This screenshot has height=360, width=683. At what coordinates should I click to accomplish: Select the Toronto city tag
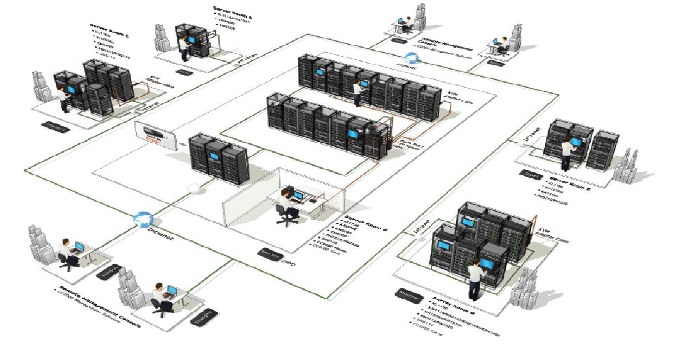coord(531,174)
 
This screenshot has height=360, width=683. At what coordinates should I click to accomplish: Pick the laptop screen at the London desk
coord(79,246)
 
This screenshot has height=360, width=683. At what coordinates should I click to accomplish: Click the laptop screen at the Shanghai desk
coord(172,290)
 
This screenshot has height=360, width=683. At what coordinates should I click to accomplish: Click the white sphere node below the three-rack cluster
coord(195,189)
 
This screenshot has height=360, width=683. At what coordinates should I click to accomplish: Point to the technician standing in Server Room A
coord(184,49)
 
